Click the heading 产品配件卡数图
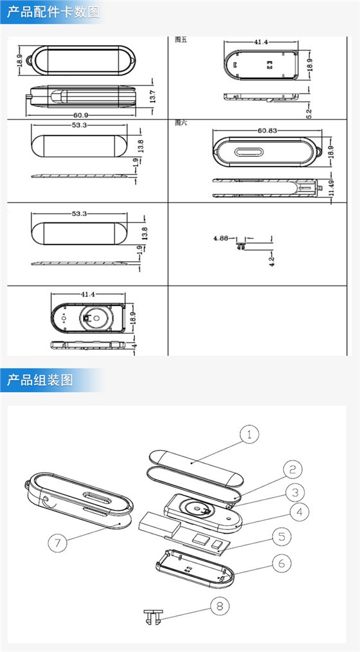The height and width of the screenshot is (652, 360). [54, 12]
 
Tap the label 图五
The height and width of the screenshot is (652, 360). [181, 39]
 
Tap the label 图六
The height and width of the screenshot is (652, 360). [181, 122]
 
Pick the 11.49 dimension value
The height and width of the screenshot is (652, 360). [332, 190]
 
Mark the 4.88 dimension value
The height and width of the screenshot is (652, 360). [221, 238]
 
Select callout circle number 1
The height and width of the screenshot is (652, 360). [249, 435]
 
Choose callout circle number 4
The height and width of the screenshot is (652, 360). [296, 512]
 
